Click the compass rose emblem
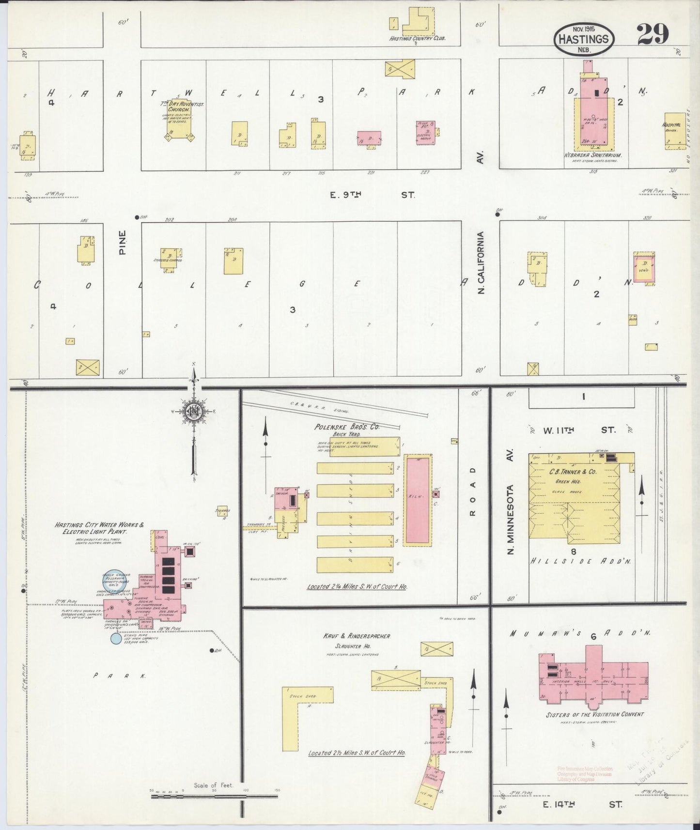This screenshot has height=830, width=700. coord(194,411)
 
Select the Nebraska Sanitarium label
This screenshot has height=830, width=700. coord(592,155)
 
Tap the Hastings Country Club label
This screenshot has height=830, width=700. coord(417,38)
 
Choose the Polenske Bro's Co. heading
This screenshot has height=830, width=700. coord(355,428)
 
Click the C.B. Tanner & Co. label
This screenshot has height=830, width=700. coord(572,471)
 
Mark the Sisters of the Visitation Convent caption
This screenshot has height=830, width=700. coord(594,714)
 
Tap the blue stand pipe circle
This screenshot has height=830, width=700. coord(116,639)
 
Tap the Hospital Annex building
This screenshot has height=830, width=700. coord(675,131)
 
